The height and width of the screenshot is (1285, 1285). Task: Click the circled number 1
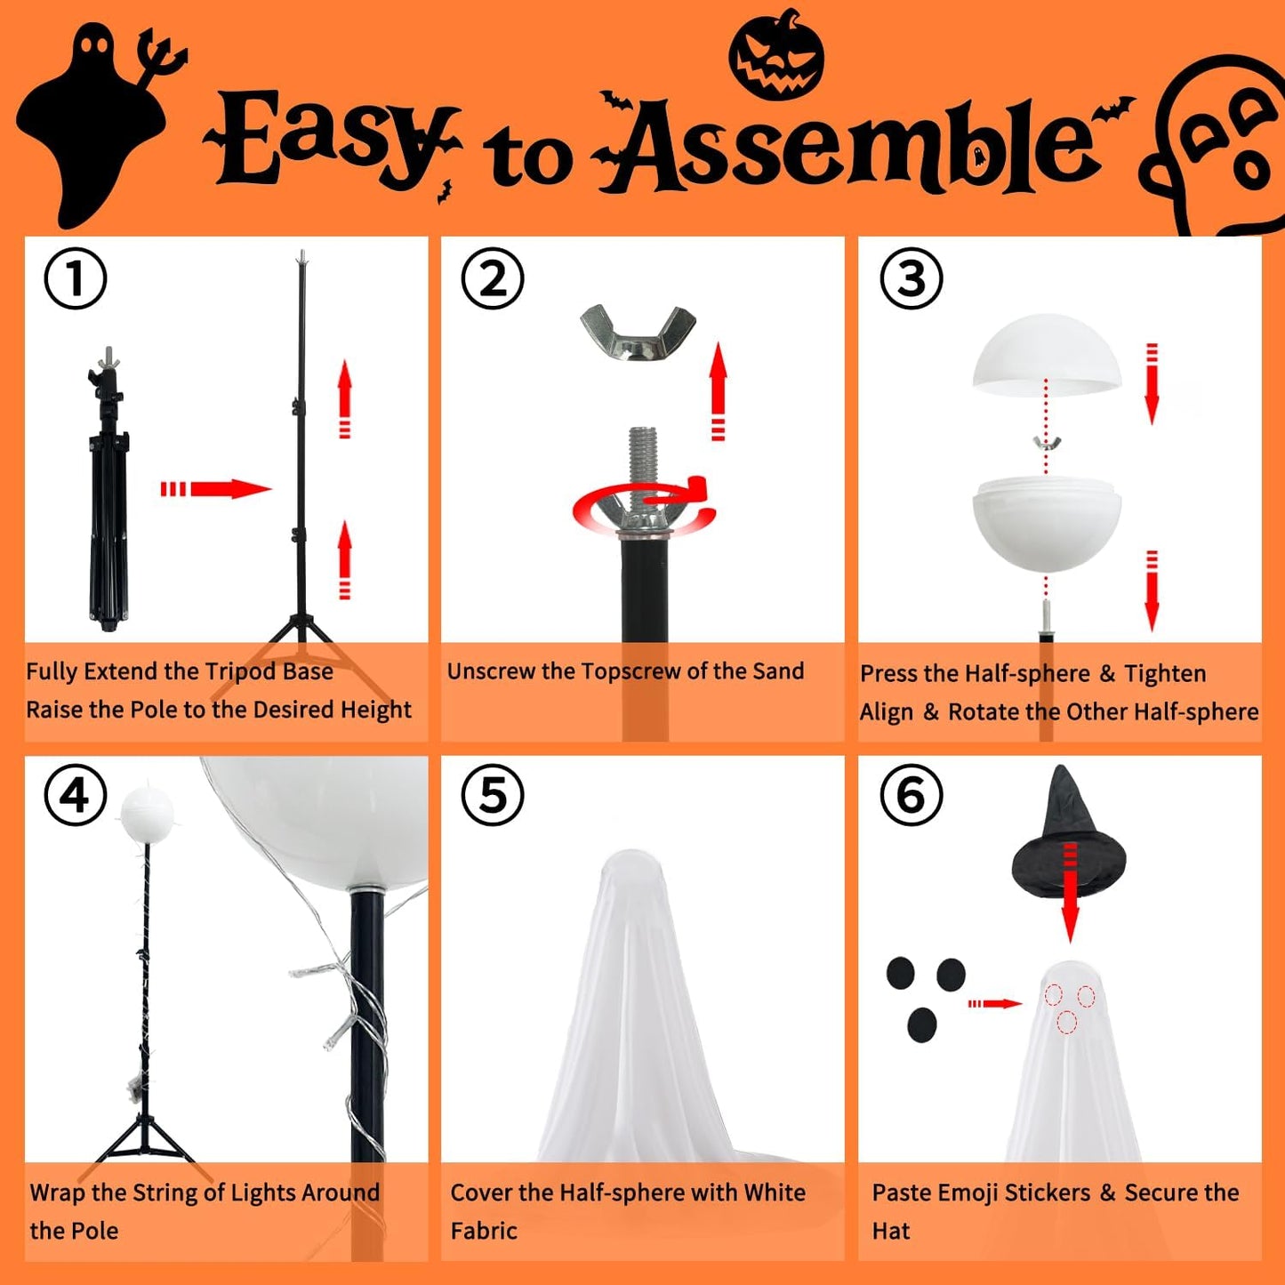[76, 278]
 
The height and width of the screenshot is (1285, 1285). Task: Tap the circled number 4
[76, 795]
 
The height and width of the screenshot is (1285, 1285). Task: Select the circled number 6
[911, 795]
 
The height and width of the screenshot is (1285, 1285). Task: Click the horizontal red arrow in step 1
[216, 488]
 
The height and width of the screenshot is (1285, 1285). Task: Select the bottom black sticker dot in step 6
[922, 1025]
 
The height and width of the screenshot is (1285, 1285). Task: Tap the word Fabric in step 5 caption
[484, 1231]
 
